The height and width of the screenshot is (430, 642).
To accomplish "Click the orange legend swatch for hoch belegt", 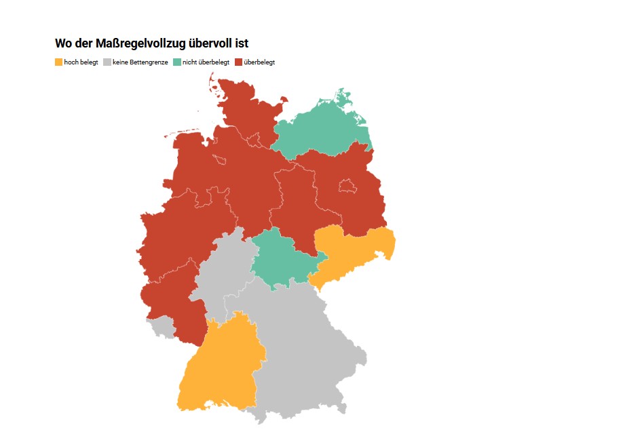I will pos(59,62).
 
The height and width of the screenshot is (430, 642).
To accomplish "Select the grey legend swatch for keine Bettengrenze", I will pos(107,62).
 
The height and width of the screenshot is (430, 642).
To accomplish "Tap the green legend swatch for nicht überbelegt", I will pos(177,62).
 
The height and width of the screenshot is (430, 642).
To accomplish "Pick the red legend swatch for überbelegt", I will pos(238,62).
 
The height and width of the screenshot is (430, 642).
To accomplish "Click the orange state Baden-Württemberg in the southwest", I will pos(217,366).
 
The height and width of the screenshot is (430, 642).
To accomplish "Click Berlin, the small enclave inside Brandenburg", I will pos(347,185).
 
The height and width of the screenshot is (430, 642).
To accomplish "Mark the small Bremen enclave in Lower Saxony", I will pos(219,159).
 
